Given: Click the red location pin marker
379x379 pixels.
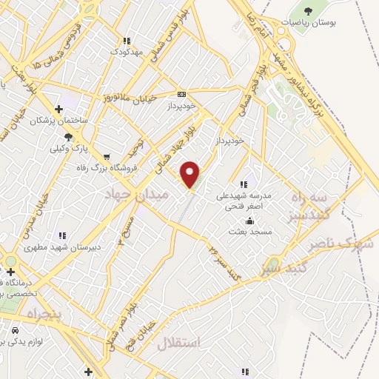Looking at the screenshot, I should tap(191, 174).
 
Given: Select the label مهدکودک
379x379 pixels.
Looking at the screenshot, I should tap(124, 52).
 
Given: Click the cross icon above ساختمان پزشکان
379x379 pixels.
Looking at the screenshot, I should tap(58, 109).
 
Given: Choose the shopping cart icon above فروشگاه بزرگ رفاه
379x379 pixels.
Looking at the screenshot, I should tap(107, 156).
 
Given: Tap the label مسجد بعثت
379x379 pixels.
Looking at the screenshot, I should tap(250, 232).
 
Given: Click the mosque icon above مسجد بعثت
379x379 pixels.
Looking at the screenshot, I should tap(250, 221).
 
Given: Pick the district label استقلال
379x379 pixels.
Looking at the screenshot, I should tap(179, 343).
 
